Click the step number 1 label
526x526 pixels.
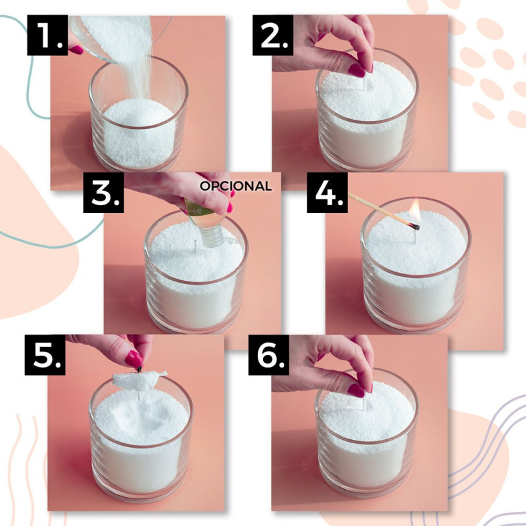[47, 35]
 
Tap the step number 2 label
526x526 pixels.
[273, 35]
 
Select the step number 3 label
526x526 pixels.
[104, 193]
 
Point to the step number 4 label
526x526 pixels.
[327, 193]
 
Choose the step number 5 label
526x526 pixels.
[45, 354]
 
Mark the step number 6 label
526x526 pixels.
[269, 354]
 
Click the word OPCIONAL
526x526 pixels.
[235, 186]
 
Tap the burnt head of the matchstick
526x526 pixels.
[416, 227]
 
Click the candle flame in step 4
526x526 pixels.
[416, 208]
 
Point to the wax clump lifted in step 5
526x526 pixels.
[139, 380]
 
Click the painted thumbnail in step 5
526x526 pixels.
[133, 358]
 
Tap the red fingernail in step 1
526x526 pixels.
[76, 50]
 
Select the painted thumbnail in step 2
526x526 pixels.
[356, 70]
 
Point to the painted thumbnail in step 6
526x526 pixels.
[356, 391]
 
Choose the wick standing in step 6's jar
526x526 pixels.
[364, 404]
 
